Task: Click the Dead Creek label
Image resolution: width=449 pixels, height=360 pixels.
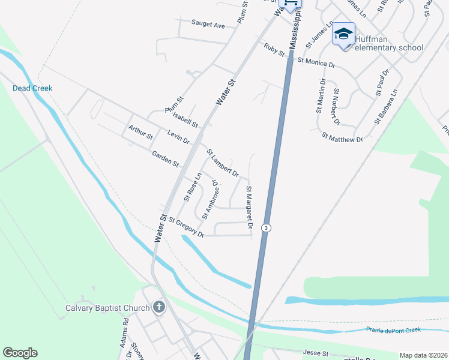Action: pos(32,88)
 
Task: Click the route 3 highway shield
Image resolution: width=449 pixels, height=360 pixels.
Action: pos(267,228)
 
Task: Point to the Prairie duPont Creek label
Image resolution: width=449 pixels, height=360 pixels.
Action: pos(393,330)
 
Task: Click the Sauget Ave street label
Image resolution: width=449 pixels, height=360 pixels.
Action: pos(208,25)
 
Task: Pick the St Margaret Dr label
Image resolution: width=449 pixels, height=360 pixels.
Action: pos(248,208)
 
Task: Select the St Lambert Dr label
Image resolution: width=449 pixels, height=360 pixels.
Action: pos(223,163)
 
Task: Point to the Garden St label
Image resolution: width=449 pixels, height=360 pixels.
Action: pos(165,159)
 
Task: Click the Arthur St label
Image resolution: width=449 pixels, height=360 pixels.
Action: pos(140,132)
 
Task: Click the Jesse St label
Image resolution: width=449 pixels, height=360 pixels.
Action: pos(317,354)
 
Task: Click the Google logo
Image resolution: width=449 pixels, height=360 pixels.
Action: pos(20,353)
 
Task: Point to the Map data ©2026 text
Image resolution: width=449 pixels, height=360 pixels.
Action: pos(423,355)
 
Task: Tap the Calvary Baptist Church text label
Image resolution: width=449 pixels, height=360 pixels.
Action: pos(107,309)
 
